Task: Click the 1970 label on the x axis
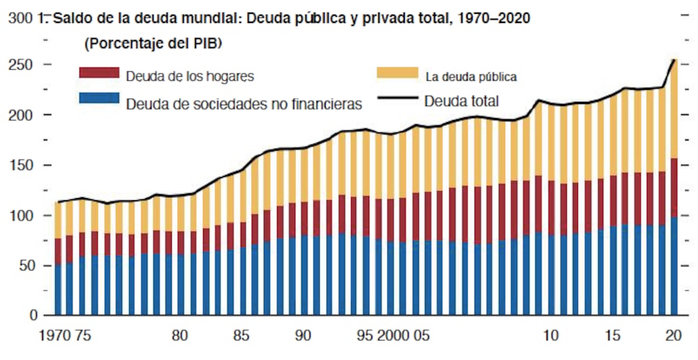(x=56, y=336)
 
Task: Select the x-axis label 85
(x=241, y=336)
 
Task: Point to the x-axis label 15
(x=612, y=336)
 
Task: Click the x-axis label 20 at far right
(x=674, y=336)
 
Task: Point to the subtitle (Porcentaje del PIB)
(x=153, y=45)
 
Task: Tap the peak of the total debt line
(x=674, y=60)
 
